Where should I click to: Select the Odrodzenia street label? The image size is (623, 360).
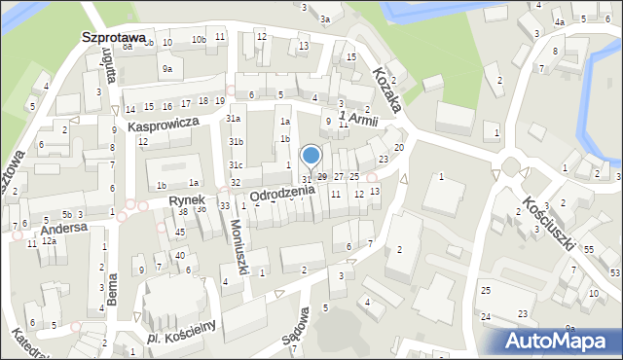click(x=282, y=192)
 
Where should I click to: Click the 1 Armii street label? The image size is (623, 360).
click(x=357, y=120)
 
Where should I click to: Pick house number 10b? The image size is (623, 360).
click(x=198, y=40)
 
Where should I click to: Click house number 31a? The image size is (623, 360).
click(x=234, y=119)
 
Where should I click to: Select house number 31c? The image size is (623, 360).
click(x=236, y=165)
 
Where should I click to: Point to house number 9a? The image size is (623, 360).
click(x=167, y=68)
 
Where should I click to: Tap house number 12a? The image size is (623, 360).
click(x=48, y=240)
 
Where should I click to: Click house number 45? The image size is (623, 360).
click(x=180, y=232)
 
